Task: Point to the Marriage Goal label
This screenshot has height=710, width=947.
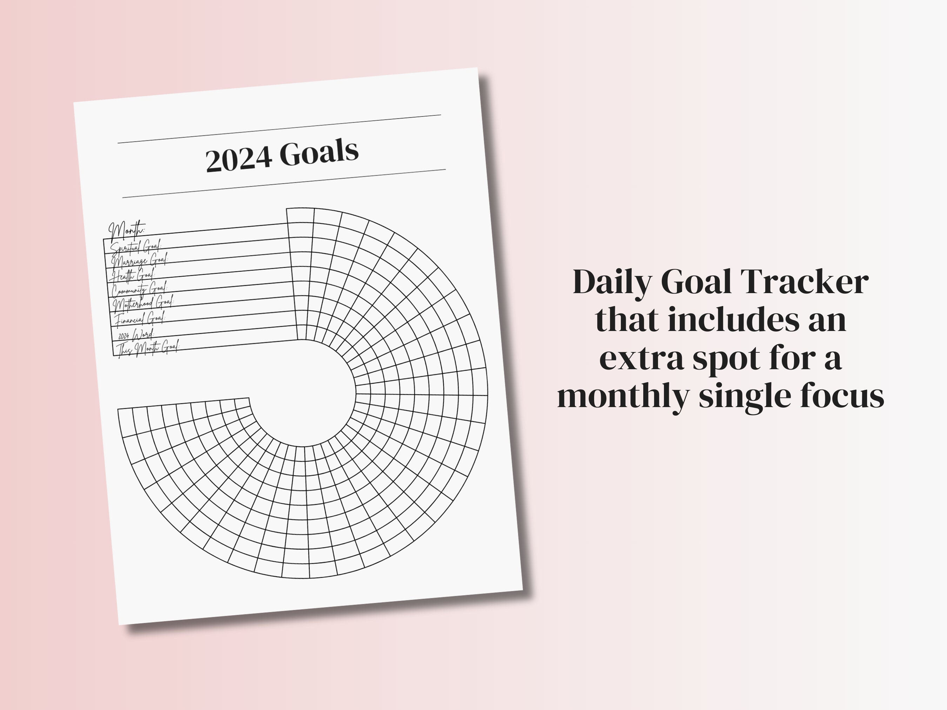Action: pyautogui.click(x=140, y=260)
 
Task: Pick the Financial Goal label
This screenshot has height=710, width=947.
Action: pyautogui.click(x=140, y=318)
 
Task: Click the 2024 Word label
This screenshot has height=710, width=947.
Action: pyautogui.click(x=136, y=334)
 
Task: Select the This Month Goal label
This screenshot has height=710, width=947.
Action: pyautogui.click(x=148, y=347)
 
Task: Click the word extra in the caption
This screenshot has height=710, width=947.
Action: pyautogui.click(x=640, y=358)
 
